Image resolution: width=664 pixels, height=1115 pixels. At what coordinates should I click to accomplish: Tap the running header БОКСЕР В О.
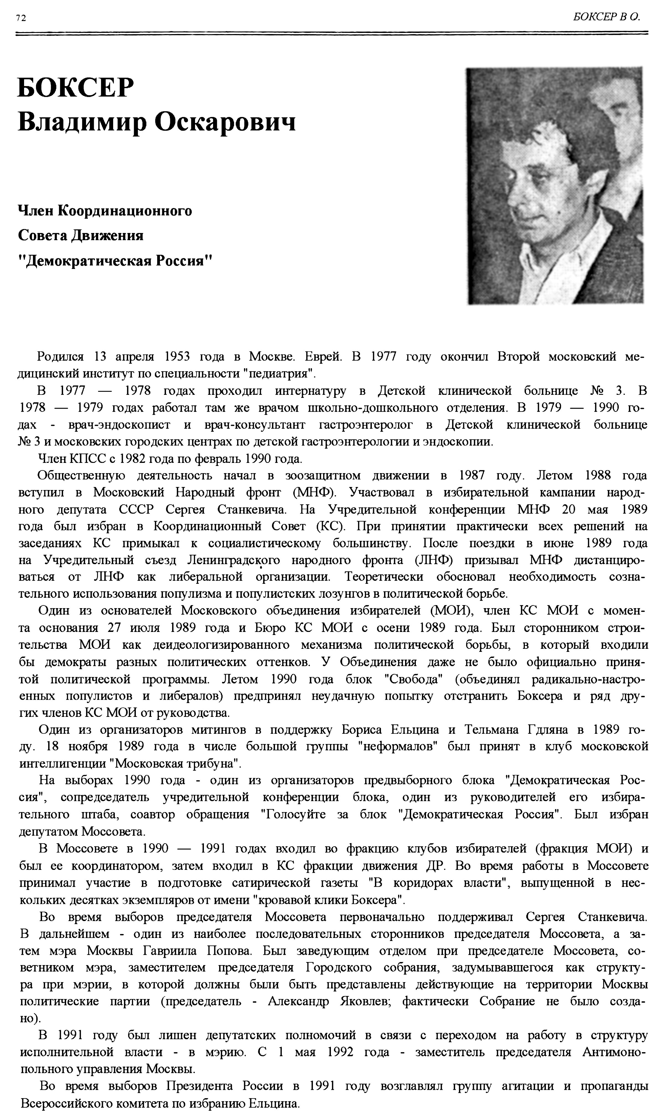(606, 17)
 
